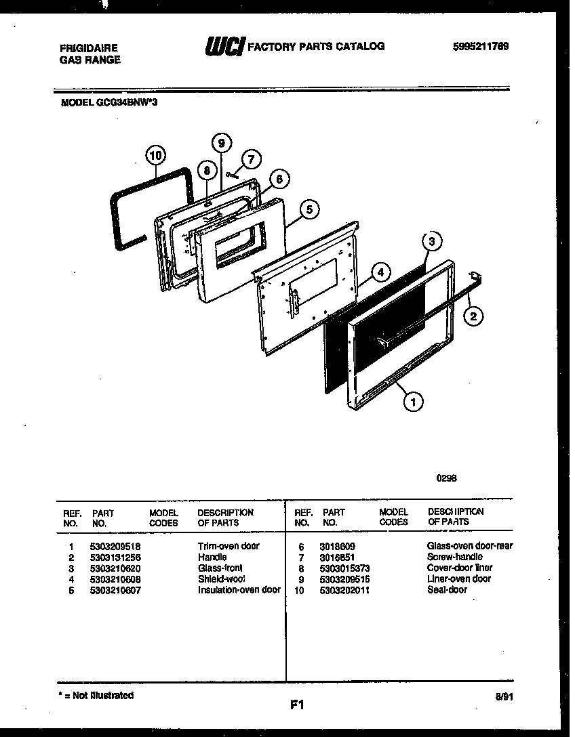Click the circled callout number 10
pos(155,156)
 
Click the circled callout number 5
pos(309,210)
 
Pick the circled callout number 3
pos(431,241)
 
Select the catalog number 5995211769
pos(480,47)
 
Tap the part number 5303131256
pos(115,557)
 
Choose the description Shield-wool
pos(221,578)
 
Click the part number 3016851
pos(337,557)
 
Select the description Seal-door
pos(447,590)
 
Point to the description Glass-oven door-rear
pos(469,545)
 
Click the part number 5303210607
pos(115,590)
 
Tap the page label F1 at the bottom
pos(296,705)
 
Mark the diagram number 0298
pos(446,477)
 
